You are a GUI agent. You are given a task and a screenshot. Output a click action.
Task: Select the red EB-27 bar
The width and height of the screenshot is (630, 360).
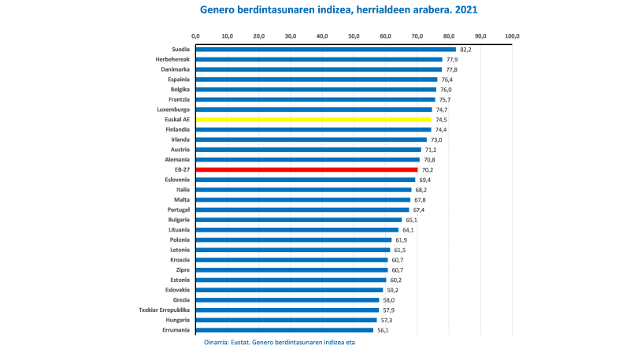(x=306, y=169)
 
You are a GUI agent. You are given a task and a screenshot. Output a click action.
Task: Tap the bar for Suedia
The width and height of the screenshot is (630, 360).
(x=325, y=49)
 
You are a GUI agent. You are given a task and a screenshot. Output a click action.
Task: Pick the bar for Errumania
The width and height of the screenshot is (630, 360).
(x=284, y=330)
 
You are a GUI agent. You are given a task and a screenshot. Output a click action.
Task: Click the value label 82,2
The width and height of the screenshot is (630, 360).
(x=465, y=49)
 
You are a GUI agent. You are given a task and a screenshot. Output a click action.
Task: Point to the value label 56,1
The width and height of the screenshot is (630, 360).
(x=384, y=330)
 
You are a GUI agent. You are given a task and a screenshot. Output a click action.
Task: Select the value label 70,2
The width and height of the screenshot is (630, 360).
(x=428, y=169)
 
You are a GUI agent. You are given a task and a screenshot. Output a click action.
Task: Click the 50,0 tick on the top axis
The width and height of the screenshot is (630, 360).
(x=354, y=35)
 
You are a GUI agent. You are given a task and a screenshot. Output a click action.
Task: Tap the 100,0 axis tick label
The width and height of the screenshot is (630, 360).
(x=513, y=35)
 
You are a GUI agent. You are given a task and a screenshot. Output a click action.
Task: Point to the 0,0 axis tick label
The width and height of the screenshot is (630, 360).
(x=195, y=35)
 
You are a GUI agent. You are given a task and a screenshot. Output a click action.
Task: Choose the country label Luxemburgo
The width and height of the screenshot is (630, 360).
(x=171, y=109)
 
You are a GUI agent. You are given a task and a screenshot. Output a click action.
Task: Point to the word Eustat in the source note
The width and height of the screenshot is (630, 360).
(x=244, y=343)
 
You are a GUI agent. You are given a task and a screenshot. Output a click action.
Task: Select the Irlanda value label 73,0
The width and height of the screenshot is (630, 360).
(x=437, y=139)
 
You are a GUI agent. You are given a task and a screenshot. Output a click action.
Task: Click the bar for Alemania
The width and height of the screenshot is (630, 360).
(x=308, y=160)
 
